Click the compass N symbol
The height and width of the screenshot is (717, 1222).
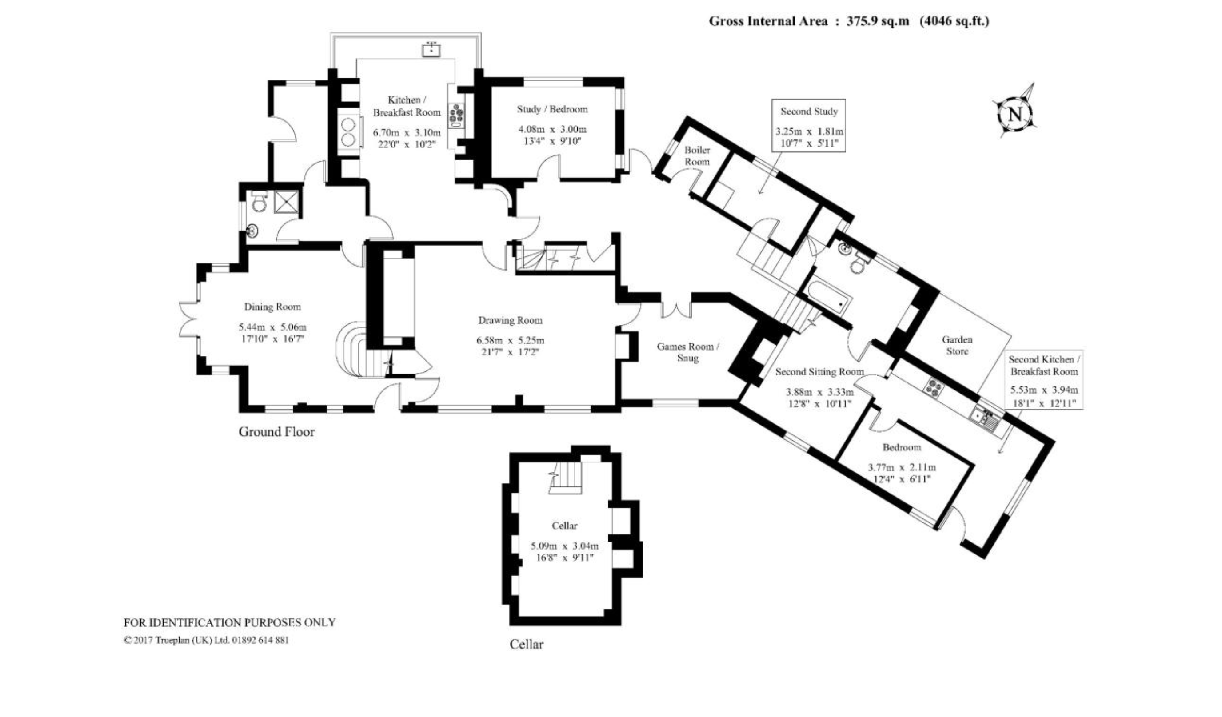(x=1014, y=115)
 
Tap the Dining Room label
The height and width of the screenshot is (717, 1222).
(x=272, y=307)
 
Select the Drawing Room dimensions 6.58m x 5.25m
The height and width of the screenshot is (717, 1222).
(x=510, y=340)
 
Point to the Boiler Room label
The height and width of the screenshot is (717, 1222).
(x=697, y=155)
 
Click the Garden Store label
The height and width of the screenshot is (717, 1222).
(x=957, y=345)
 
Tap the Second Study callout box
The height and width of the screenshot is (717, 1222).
(x=809, y=126)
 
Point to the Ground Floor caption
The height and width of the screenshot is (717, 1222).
(x=276, y=431)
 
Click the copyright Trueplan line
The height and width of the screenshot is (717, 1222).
(x=206, y=640)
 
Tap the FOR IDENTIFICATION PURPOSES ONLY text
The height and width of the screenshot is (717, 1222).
(x=229, y=622)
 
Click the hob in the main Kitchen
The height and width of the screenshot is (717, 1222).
(x=456, y=116)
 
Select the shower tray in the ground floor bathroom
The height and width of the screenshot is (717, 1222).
(x=288, y=202)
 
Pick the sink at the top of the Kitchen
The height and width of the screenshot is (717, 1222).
(x=431, y=49)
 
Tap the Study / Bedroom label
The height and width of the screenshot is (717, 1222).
(x=552, y=109)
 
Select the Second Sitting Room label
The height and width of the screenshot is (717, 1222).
(x=819, y=372)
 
